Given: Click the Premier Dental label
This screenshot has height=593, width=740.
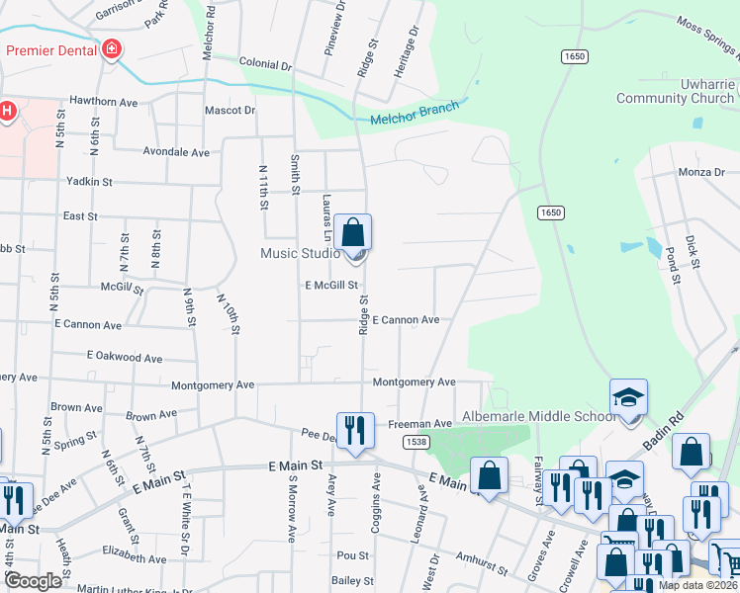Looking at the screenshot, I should [51, 49].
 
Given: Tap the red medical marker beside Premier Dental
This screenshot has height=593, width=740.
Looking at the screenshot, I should [112, 49].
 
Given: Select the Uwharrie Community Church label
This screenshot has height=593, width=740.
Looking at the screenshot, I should [675, 92].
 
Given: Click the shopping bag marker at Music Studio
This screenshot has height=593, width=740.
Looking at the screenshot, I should [353, 234].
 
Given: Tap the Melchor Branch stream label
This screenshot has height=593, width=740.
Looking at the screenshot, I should [415, 113].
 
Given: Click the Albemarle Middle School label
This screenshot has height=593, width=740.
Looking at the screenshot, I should [542, 416].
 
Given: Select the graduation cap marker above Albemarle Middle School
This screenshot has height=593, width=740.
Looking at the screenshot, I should [628, 397].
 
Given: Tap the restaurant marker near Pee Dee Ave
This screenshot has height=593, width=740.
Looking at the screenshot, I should [355, 430].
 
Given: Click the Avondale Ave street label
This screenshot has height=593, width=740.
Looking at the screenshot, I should [176, 153].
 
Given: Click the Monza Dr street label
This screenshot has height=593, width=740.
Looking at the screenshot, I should [701, 172].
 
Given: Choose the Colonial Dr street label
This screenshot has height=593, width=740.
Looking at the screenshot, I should [265, 65].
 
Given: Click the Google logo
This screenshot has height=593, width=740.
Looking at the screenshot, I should [33, 581].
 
